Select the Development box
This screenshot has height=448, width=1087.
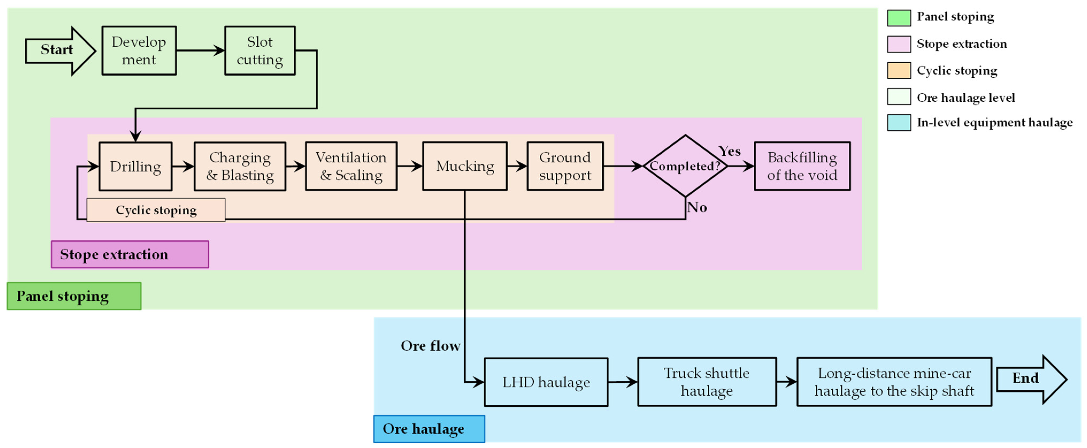tap(139, 50)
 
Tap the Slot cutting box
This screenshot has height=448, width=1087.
tap(260, 50)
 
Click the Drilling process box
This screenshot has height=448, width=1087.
tap(136, 166)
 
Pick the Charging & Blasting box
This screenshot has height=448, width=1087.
tap(240, 166)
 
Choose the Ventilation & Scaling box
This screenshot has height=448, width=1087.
tap(351, 166)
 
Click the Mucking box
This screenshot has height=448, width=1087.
tap(465, 166)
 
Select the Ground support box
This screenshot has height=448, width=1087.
tap(565, 166)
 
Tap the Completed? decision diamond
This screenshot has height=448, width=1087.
tap(685, 166)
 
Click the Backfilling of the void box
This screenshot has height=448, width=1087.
tap(802, 166)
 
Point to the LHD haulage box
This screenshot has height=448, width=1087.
tap(546, 382)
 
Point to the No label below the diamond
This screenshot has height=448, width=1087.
tap(697, 207)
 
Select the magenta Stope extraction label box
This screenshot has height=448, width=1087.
tap(130, 254)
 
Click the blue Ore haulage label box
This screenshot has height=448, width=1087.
tap(429, 429)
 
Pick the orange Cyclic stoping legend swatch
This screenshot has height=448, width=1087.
tap(899, 71)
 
